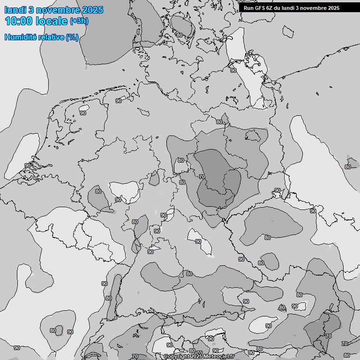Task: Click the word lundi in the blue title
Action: pos(15,10)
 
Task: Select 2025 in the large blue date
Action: pos(93,10)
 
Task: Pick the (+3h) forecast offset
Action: pos(79,21)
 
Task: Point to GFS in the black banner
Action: pos(260,8)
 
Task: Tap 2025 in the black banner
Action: pos(333,8)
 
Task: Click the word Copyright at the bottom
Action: pos(177,357)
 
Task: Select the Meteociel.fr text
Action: pos(218,357)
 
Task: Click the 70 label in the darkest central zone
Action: pos(202,177)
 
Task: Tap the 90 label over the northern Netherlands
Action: pos(83,113)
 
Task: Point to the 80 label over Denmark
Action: pos(180,35)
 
